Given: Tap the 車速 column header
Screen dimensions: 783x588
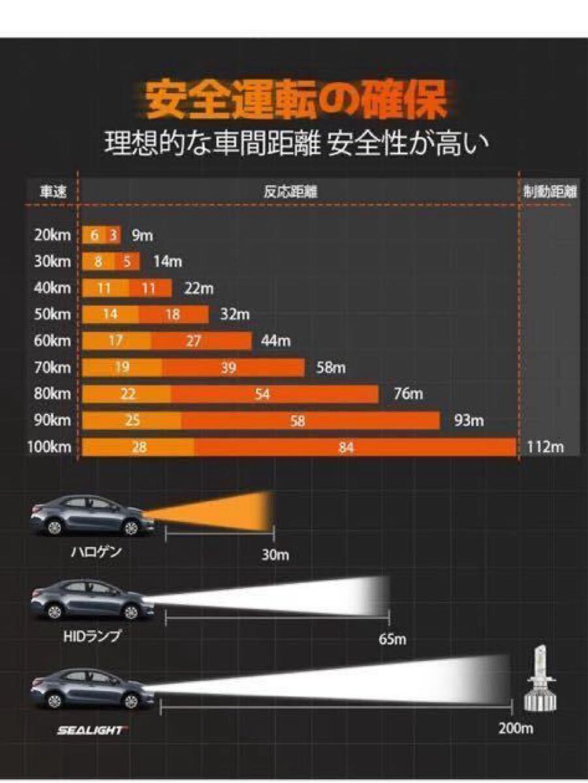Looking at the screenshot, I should pos(51,192).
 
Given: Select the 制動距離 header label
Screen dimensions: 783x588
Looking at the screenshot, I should pos(550,192).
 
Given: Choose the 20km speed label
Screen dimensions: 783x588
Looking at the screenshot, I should pos(52,236).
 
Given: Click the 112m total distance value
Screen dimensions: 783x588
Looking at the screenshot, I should pos(545,448).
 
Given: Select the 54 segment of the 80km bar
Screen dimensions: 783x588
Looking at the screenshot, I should pos(262,395).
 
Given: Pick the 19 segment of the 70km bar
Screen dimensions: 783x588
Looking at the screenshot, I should pos(122,368).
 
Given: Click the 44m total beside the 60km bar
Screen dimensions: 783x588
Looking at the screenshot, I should pos(275,341).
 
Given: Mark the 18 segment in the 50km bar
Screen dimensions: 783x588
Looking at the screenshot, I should pos(173,315).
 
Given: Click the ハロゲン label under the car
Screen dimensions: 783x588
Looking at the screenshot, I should pos(97,553).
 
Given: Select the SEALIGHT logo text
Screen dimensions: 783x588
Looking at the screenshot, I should pos(90,730).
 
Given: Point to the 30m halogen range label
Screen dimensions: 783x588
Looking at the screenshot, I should pos(275,555).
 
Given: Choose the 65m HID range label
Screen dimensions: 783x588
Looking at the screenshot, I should pos(392,639).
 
